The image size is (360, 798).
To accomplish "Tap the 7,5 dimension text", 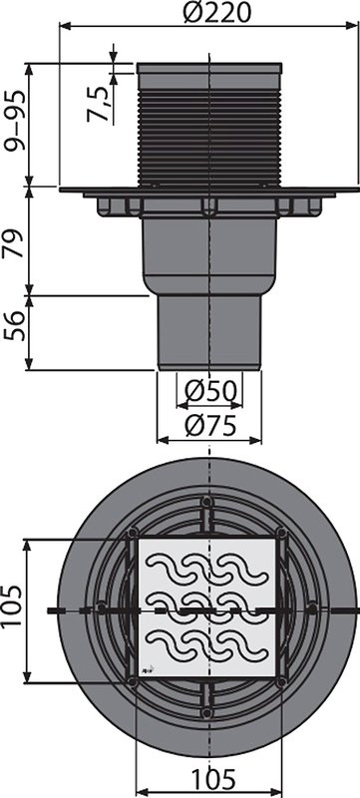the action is [98, 104].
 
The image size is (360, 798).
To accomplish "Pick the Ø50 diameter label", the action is [210, 391].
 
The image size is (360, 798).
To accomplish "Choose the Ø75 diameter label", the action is [210, 427].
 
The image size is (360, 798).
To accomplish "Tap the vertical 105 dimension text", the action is [12, 606].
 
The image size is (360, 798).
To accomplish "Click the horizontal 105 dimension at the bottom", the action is [213, 779].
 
